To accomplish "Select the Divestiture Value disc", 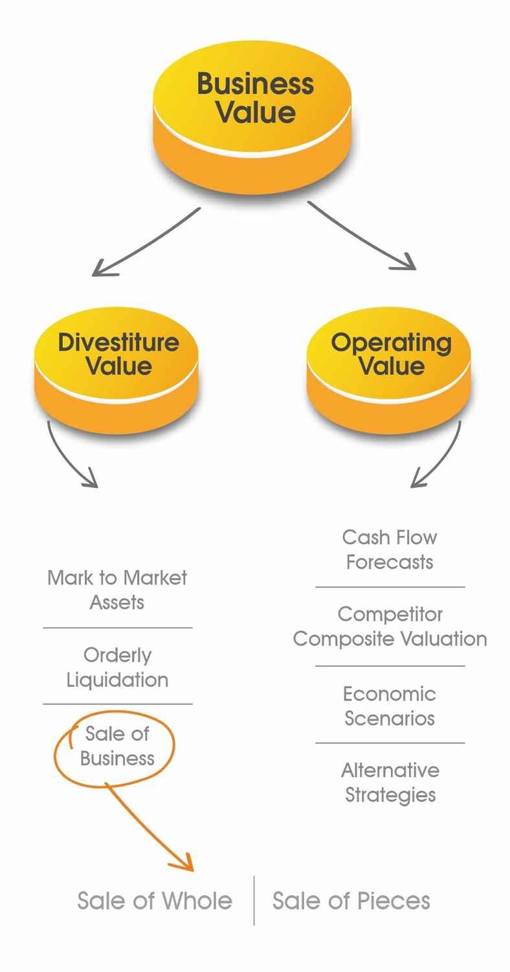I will point(117,363).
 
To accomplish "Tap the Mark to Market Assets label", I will point(117,590).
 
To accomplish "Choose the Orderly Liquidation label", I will point(117,667).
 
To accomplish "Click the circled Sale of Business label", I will point(117,746).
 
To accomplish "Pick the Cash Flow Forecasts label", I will point(390,550).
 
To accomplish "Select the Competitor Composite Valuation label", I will point(390,626).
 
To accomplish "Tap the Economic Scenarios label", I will point(390,706).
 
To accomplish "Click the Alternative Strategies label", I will point(390,782).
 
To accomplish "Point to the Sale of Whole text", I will point(155,901).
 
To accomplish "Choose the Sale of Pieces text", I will point(351,901).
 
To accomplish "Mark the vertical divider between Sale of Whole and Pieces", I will point(254,901).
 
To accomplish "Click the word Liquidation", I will point(117,680).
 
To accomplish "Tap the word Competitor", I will point(390,614).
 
